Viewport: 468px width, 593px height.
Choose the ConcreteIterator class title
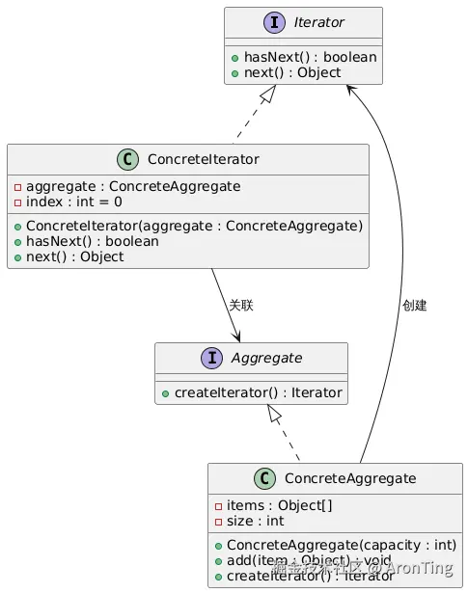pyautogui.click(x=203, y=160)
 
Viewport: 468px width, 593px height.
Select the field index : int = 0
pyautogui.click(x=73, y=202)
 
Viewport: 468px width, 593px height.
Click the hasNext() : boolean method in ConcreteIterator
pyautogui.click(x=93, y=241)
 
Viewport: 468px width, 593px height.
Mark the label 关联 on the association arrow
pyautogui.click(x=240, y=306)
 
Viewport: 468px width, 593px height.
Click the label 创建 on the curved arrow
pyautogui.click(x=414, y=306)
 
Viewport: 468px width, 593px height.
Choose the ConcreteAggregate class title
pyautogui.click(x=350, y=479)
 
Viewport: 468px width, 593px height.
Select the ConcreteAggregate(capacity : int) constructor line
pyautogui.click(x=341, y=545)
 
